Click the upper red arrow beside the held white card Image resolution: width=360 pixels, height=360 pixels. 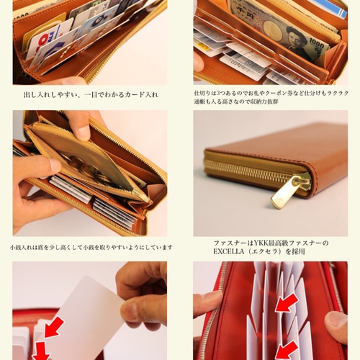(53, 327)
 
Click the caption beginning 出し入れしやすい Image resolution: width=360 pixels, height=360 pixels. (89, 94)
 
